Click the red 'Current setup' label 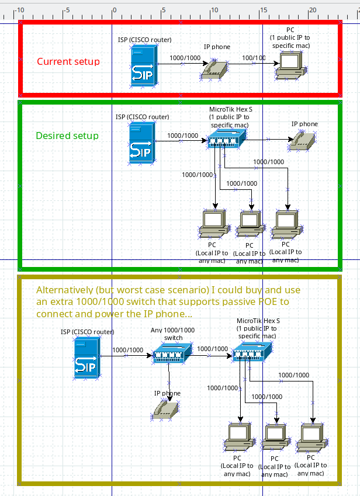tap(68, 61)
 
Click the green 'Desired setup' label tap(67, 136)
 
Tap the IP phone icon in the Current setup tap(214, 69)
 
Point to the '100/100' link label tap(254, 58)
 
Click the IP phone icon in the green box tap(303, 140)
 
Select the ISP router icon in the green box tap(142, 142)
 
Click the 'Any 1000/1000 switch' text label tap(172, 334)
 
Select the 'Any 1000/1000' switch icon tap(172, 353)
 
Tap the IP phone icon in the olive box tap(167, 410)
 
